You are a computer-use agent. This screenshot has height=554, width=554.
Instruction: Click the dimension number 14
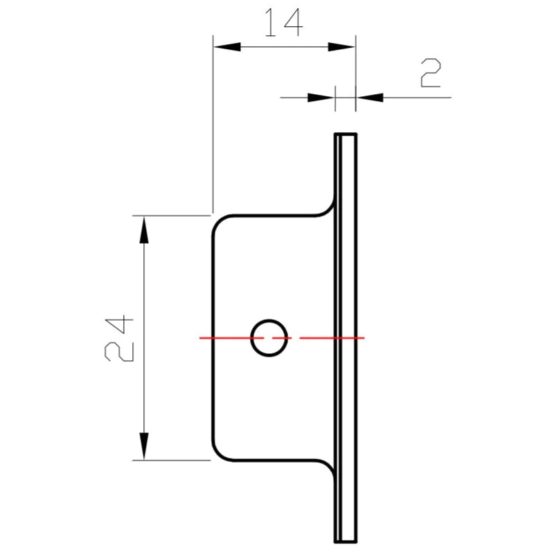282,23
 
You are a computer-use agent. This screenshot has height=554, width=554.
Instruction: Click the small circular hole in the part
269,338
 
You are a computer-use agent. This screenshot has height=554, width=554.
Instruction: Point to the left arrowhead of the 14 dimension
226,46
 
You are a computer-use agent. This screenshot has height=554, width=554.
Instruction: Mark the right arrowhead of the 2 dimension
369,98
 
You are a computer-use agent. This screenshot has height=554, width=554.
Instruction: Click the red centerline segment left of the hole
225,338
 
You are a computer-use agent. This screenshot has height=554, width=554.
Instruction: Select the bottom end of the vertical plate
346,540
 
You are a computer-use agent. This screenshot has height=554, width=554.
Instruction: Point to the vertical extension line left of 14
213,125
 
